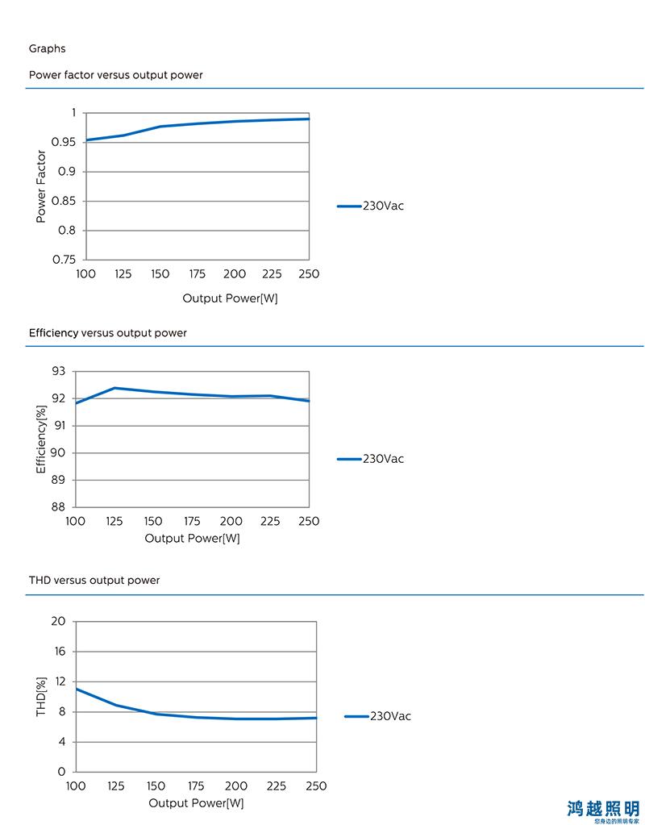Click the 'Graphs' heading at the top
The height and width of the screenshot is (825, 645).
[48, 49]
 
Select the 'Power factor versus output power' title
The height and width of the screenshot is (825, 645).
[116, 75]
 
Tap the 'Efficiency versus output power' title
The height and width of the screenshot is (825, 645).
[108, 333]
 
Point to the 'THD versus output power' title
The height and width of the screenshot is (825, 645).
[94, 581]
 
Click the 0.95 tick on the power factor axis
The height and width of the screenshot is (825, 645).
[64, 142]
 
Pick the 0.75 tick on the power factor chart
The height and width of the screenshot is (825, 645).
[64, 260]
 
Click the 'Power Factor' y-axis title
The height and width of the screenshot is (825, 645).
[41, 186]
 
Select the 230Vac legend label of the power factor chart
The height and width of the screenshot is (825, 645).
[384, 206]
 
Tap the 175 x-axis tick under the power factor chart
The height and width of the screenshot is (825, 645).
[198, 274]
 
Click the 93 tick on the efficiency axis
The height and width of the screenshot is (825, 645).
[58, 372]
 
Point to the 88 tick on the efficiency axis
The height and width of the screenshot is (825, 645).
[58, 507]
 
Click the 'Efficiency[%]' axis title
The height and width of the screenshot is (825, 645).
[41, 440]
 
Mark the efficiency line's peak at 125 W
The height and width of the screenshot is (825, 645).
[114, 388]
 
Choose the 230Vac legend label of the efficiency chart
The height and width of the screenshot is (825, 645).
[384, 459]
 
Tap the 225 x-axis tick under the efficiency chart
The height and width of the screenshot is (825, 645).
[270, 522]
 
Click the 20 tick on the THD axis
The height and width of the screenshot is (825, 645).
[58, 622]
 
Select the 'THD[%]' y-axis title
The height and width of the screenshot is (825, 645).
[41, 697]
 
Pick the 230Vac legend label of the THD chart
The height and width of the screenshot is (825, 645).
[391, 716]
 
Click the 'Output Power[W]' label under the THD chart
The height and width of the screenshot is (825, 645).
[196, 803]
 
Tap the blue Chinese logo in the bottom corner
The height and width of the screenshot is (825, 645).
[603, 810]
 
